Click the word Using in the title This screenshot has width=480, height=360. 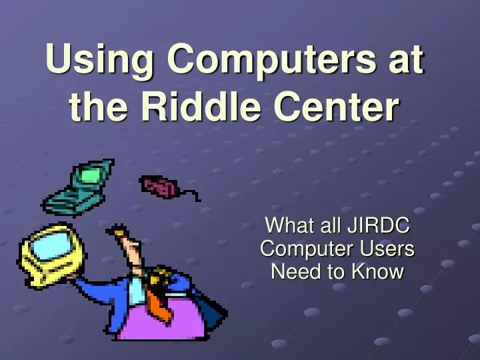(x=99, y=62)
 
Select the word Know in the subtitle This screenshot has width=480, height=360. (x=380, y=271)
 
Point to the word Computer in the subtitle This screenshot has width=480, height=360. (x=304, y=249)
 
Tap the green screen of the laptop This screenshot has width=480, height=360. (x=90, y=174)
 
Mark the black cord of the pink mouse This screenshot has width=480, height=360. (x=189, y=195)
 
